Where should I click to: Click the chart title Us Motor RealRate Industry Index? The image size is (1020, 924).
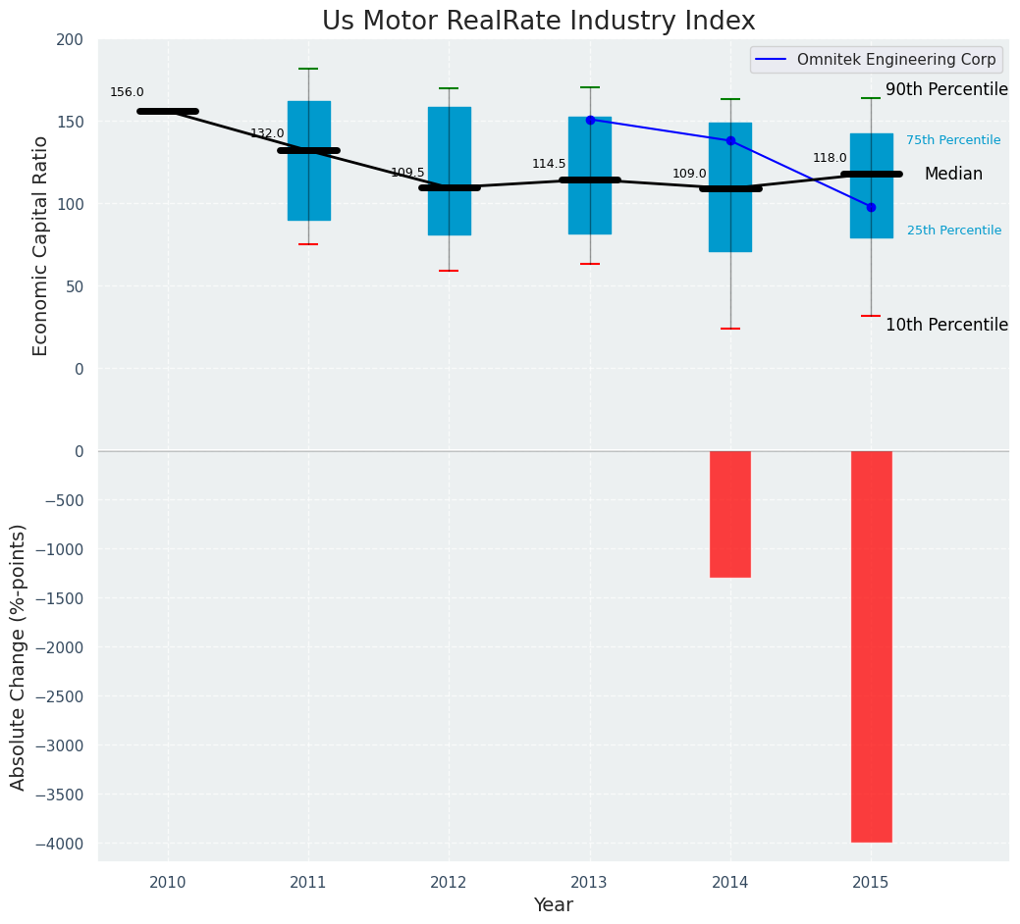(x=539, y=22)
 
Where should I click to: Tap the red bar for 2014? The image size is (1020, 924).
(x=730, y=514)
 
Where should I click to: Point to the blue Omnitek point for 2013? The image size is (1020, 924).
(x=590, y=120)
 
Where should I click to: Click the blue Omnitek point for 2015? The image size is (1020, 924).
(x=871, y=207)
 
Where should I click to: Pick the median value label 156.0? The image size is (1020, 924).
(x=127, y=92)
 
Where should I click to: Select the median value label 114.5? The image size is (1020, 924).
(x=549, y=164)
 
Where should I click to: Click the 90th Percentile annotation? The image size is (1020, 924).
(x=946, y=89)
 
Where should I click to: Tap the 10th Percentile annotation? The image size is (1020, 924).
(x=946, y=325)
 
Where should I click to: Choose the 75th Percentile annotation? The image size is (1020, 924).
(x=953, y=140)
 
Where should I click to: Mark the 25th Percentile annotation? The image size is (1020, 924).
(x=953, y=231)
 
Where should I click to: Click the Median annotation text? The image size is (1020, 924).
(x=953, y=174)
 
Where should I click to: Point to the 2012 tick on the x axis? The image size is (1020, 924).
(x=449, y=883)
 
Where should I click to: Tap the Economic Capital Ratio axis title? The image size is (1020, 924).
(x=41, y=245)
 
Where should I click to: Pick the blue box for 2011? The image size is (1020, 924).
(x=308, y=161)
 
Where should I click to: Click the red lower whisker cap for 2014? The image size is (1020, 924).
(x=730, y=329)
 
